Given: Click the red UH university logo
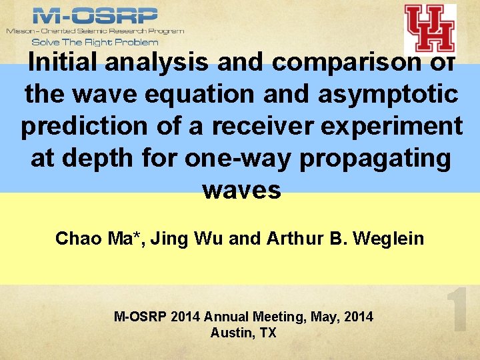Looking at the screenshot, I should tap(430, 29).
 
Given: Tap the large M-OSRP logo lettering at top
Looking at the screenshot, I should tap(95, 15).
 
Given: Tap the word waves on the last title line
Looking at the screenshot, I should tap(241, 190).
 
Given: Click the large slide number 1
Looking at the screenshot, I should tap(458, 309).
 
